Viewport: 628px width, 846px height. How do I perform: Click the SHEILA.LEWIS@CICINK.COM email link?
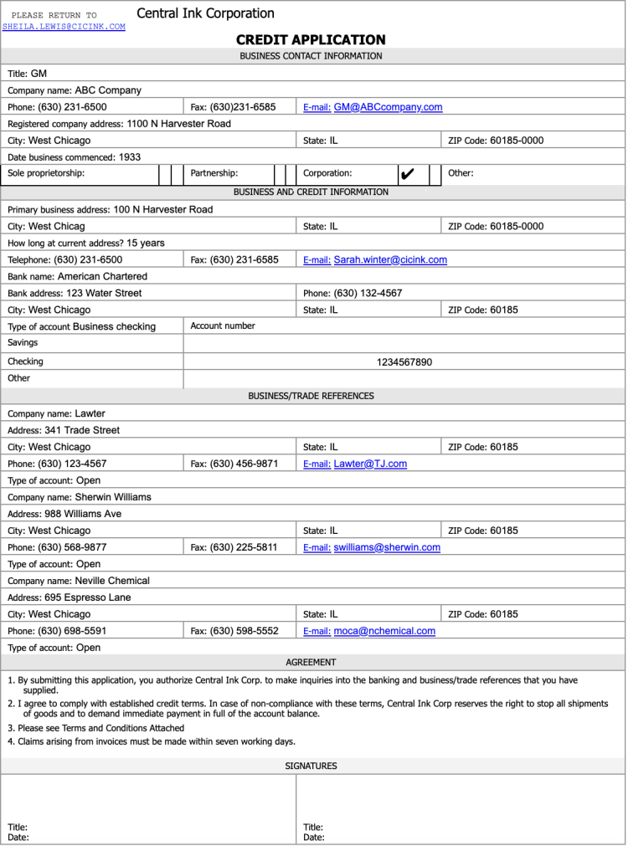click(64, 27)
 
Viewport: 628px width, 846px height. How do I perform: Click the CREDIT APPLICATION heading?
click(311, 40)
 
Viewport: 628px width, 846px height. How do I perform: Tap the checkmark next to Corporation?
click(408, 174)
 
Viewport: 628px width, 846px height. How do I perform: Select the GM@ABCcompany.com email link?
click(388, 107)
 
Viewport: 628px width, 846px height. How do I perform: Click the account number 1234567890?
click(404, 362)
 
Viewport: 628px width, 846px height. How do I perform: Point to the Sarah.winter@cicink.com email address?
click(390, 260)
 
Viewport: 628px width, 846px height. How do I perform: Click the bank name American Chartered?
click(102, 276)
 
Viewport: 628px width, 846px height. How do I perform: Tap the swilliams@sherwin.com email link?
click(387, 547)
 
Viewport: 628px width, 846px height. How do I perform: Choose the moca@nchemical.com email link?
click(384, 631)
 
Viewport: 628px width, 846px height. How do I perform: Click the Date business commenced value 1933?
click(130, 157)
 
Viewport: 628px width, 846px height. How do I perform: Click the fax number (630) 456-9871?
click(244, 464)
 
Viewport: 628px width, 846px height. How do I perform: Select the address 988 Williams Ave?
click(83, 514)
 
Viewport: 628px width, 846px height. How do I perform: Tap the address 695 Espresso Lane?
click(87, 597)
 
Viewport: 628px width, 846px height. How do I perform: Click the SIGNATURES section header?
click(311, 766)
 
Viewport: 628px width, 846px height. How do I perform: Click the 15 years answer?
click(146, 244)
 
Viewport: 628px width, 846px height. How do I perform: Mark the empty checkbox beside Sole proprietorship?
click(165, 174)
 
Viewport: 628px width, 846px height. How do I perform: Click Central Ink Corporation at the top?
click(205, 13)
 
